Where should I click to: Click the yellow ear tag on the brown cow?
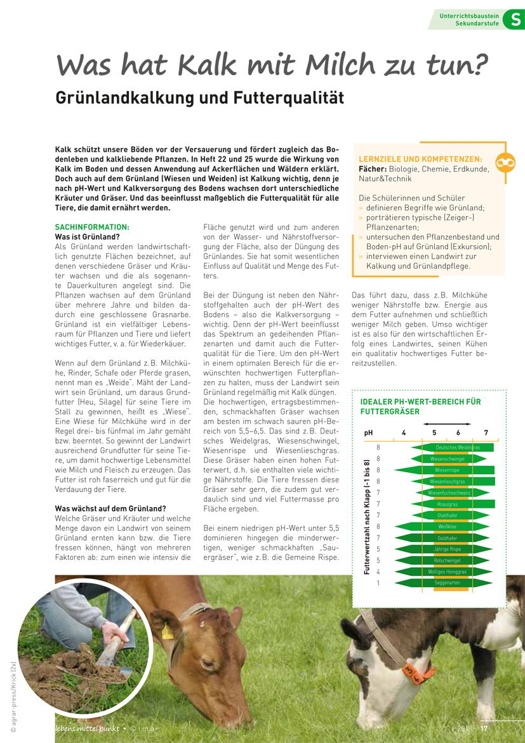coord(168,631)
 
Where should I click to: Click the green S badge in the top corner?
coord(514,20)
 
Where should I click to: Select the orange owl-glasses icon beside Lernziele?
coord(506,163)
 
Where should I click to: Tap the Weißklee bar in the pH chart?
coord(447,526)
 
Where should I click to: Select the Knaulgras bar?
coord(448,503)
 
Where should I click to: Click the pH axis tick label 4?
coord(404,433)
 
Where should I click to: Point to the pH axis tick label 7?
coord(486,433)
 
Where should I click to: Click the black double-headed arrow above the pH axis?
coord(447,423)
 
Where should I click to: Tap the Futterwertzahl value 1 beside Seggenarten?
coord(378,583)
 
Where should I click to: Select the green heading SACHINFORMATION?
coord(92,227)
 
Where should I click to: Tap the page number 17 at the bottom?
coord(483,729)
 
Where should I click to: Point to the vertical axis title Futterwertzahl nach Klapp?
coord(367,517)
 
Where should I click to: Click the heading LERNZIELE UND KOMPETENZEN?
coord(420,159)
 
